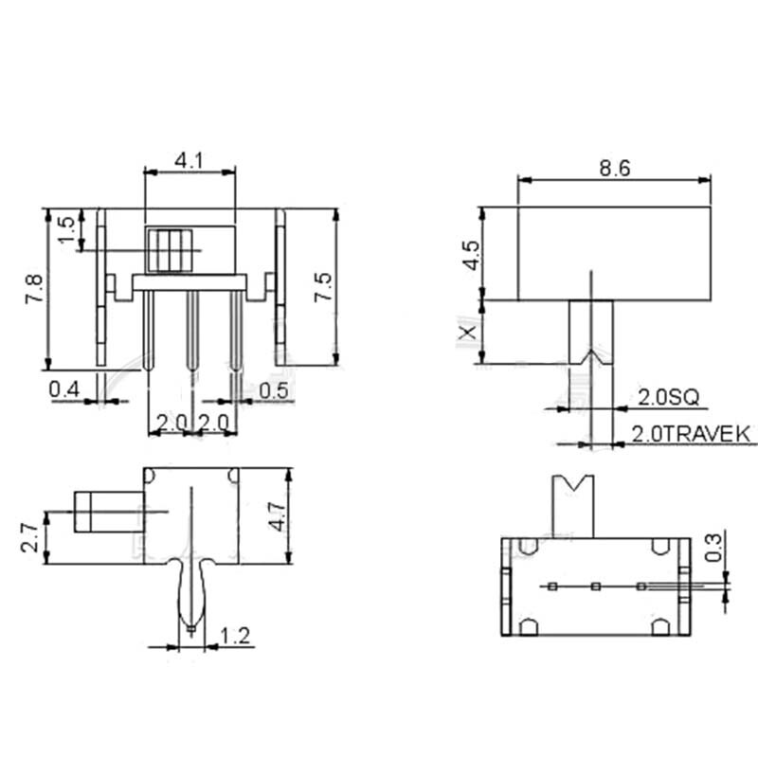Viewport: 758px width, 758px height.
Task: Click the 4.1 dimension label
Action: (189, 161)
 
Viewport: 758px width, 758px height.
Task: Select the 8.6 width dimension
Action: (614, 168)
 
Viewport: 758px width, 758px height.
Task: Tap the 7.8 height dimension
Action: (34, 288)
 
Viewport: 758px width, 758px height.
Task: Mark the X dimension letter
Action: (465, 333)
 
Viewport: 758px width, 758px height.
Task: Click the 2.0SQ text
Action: (666, 396)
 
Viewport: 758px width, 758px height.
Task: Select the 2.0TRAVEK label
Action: (692, 434)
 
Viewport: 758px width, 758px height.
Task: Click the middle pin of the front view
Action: (191, 332)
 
